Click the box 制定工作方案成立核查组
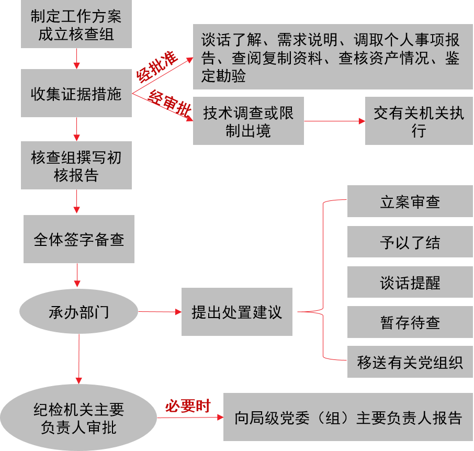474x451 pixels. point(76,25)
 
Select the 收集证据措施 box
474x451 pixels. point(76,94)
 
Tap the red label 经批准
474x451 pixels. point(157,67)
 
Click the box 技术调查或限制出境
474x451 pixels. point(248,121)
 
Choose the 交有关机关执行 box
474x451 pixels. point(419,121)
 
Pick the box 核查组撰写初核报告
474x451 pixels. point(76,166)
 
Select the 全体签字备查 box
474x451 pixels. point(78,240)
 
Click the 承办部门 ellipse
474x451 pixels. point(78,312)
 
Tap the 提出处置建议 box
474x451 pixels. point(236,312)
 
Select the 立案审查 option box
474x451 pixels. point(410,202)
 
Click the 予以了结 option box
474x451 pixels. point(410,242)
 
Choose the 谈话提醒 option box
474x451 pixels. point(410,283)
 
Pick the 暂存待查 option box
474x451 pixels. point(410,323)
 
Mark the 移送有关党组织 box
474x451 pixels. point(410,363)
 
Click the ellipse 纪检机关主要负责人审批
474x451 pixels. point(78,418)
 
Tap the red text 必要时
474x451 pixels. point(187,406)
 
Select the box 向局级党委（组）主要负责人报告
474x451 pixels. point(348,418)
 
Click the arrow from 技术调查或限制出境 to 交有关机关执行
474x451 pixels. point(334,121)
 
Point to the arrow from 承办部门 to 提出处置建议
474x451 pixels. point(160,312)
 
